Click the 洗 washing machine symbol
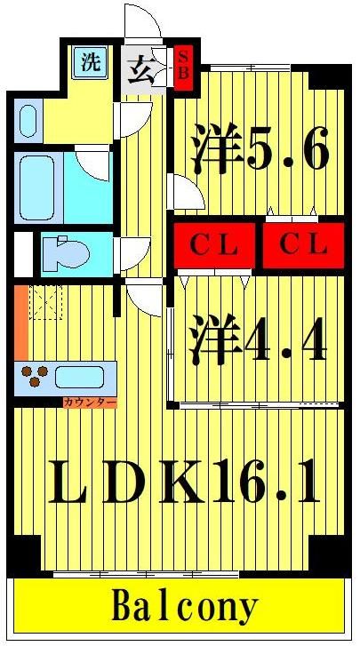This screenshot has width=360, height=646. click(x=91, y=62)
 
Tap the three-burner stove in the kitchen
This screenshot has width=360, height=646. click(x=36, y=376)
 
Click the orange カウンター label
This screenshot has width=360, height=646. click(x=89, y=403)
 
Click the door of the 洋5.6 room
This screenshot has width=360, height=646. click(x=185, y=191)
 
